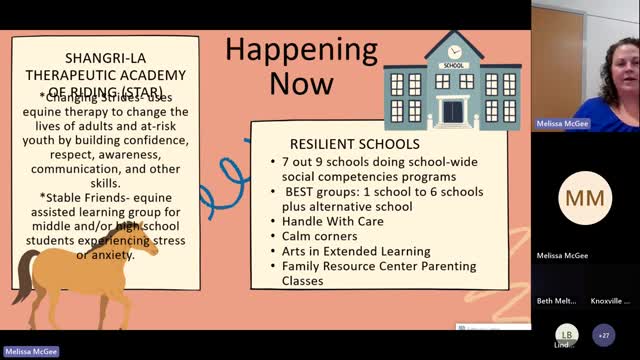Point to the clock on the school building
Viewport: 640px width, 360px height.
coord(455,50)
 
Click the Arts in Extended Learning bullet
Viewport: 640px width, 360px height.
coord(356,252)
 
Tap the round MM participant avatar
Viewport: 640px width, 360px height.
coord(584,198)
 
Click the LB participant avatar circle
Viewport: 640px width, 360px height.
coord(567,334)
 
